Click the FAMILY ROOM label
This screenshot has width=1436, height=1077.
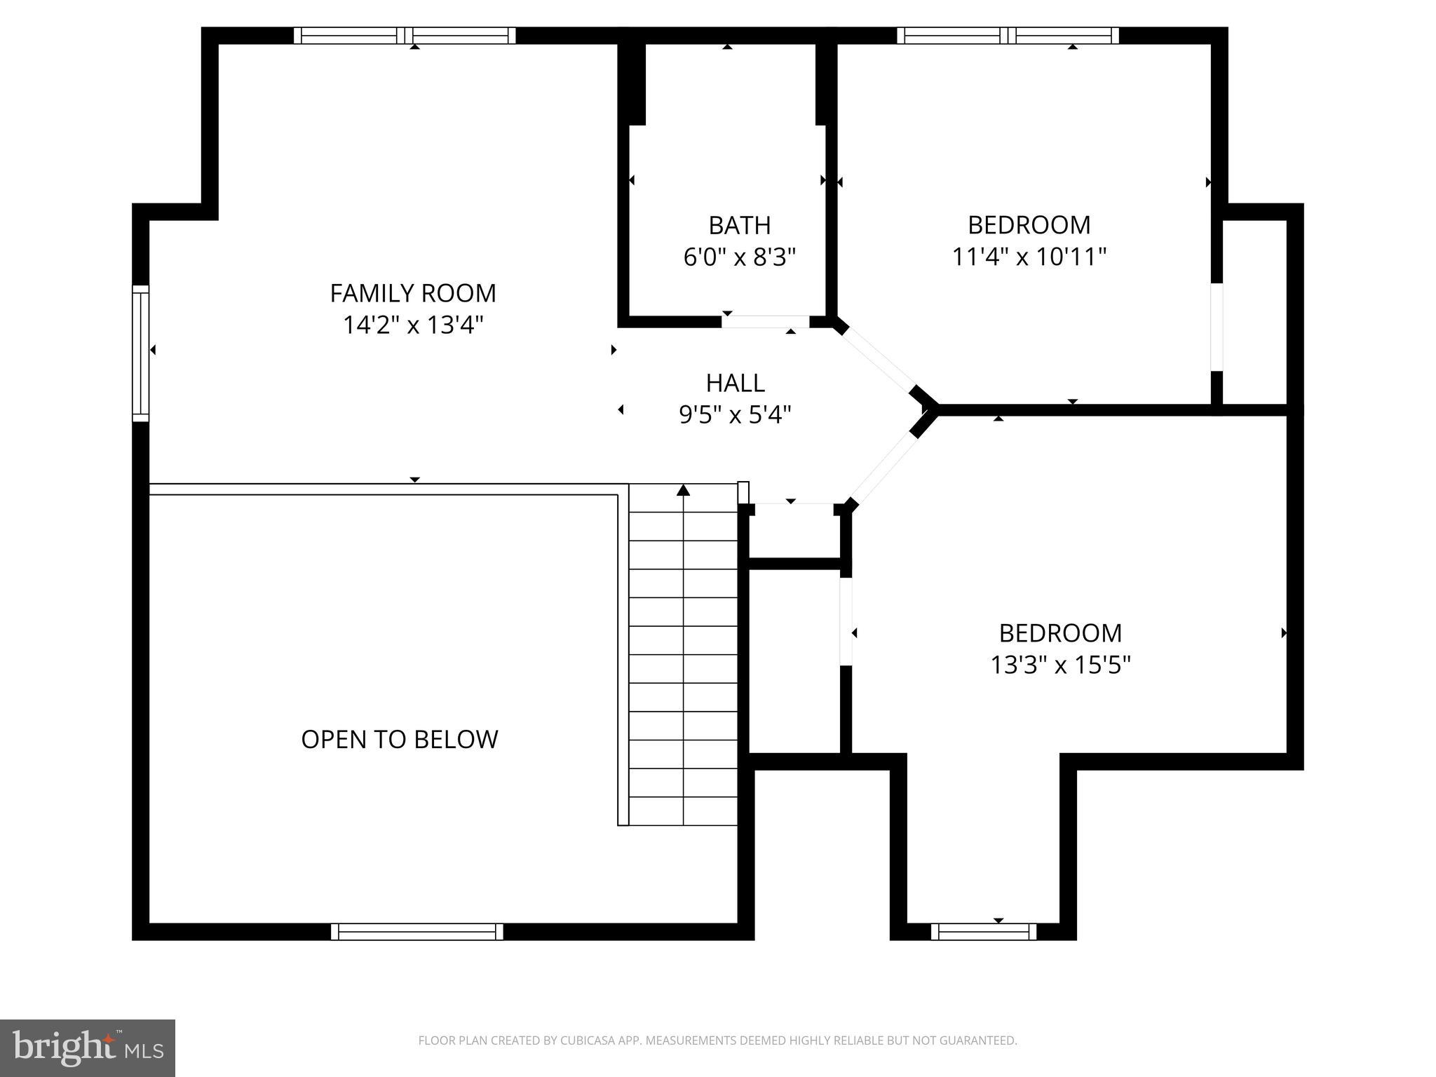click(413, 293)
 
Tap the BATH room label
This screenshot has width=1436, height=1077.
click(739, 226)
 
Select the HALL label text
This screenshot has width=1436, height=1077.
click(735, 383)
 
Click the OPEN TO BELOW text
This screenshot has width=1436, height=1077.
click(400, 739)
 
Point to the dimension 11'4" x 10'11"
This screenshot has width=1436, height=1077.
click(1029, 257)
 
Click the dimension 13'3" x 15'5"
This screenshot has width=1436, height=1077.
click(1060, 665)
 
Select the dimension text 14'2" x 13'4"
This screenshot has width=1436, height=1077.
click(413, 325)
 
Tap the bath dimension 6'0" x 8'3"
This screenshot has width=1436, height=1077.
click(739, 257)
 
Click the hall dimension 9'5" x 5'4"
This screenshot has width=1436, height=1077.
click(735, 415)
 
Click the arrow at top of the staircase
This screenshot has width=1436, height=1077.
click(683, 490)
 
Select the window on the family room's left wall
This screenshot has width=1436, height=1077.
click(141, 353)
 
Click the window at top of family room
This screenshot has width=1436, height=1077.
click(405, 36)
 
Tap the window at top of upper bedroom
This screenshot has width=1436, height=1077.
click(1008, 36)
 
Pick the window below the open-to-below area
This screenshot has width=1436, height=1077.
click(416, 931)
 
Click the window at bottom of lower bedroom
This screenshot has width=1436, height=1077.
click(983, 931)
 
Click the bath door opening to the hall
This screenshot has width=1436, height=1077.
click(766, 322)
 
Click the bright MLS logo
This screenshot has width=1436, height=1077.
click(87, 1048)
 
